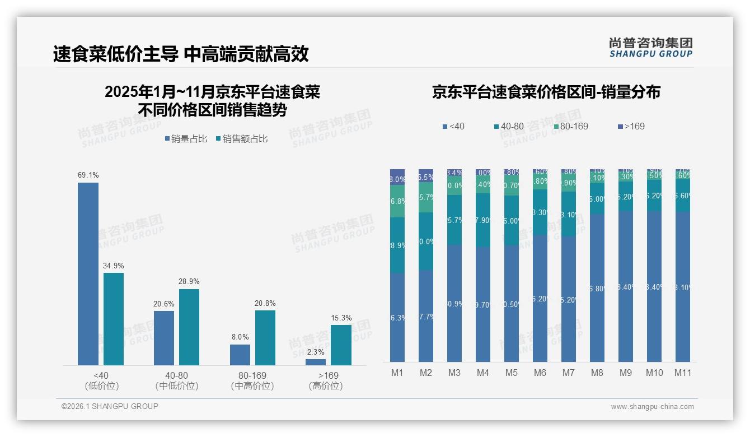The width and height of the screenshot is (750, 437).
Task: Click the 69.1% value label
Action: (88, 175)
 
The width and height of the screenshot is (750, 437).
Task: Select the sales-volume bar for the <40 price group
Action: (88, 274)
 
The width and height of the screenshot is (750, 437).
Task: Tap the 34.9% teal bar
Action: (114, 319)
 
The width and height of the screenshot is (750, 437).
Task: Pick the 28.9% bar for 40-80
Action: (189, 327)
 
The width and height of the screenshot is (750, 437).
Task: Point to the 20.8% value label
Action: (265, 303)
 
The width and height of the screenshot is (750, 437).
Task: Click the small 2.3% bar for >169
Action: (316, 362)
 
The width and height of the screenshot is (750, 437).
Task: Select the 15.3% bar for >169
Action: (341, 345)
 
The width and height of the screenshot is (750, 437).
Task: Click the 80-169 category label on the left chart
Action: (252, 375)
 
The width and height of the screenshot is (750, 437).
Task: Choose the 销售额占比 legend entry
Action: (241, 139)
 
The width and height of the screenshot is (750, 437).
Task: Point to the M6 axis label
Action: (540, 373)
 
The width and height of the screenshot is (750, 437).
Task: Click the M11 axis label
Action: (682, 373)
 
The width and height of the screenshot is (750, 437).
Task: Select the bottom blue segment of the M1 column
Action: (397, 317)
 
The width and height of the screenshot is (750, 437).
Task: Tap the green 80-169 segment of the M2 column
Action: (426, 197)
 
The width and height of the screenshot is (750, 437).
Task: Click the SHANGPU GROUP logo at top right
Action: (650, 48)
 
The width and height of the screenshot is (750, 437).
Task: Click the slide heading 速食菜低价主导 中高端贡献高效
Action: (181, 54)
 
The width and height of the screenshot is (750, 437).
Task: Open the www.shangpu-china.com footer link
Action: (652, 407)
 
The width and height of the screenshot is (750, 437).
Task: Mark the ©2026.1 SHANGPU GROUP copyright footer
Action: (110, 406)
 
